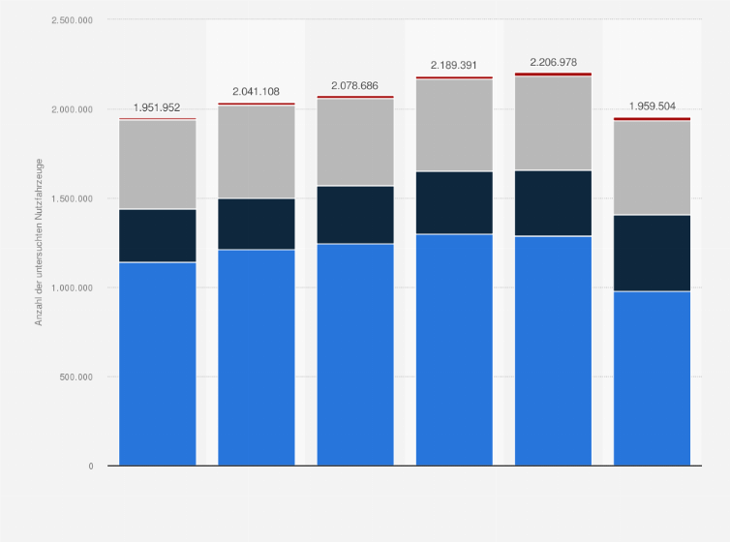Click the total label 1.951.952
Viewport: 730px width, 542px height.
click(157, 107)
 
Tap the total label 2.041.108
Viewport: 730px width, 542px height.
click(257, 91)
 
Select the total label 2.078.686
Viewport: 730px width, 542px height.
click(355, 85)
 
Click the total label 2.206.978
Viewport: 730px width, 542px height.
click(554, 62)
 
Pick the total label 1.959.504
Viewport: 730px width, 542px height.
click(653, 106)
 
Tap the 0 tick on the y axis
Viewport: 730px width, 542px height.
click(91, 466)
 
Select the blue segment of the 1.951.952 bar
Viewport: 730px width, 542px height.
click(157, 364)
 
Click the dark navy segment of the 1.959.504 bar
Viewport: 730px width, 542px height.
click(653, 253)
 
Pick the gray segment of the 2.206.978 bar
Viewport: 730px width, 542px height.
click(554, 123)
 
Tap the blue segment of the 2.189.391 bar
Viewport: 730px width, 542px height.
click(455, 349)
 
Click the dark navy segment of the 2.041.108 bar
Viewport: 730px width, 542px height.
click(257, 224)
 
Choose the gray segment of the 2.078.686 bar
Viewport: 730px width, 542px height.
click(355, 142)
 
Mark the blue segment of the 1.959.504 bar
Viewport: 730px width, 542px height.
click(653, 378)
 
